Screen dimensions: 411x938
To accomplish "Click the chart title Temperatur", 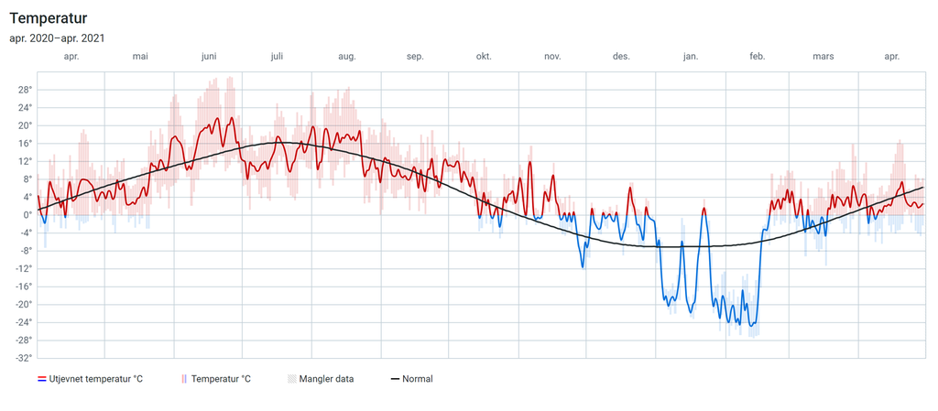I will click(48, 17).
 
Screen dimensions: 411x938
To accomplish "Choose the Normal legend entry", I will click(418, 379).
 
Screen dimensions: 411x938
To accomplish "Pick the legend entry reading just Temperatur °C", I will click(221, 379).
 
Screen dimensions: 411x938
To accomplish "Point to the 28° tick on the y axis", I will click(24, 90).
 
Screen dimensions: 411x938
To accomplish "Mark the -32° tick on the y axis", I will click(23, 358).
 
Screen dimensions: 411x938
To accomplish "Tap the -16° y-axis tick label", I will click(23, 287).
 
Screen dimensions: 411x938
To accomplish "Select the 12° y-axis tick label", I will click(24, 161).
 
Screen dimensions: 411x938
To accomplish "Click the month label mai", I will click(140, 57).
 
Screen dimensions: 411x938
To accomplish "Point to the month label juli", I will click(277, 57).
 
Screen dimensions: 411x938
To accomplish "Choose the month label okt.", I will click(484, 57).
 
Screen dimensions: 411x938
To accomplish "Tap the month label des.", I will click(621, 57).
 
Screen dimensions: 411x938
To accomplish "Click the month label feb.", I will click(758, 57).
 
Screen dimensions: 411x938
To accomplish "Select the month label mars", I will click(823, 57).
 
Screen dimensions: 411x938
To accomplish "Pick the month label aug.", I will click(347, 57).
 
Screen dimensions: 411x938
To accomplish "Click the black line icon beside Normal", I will click(396, 379).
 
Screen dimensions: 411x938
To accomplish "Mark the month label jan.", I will click(690, 57).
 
